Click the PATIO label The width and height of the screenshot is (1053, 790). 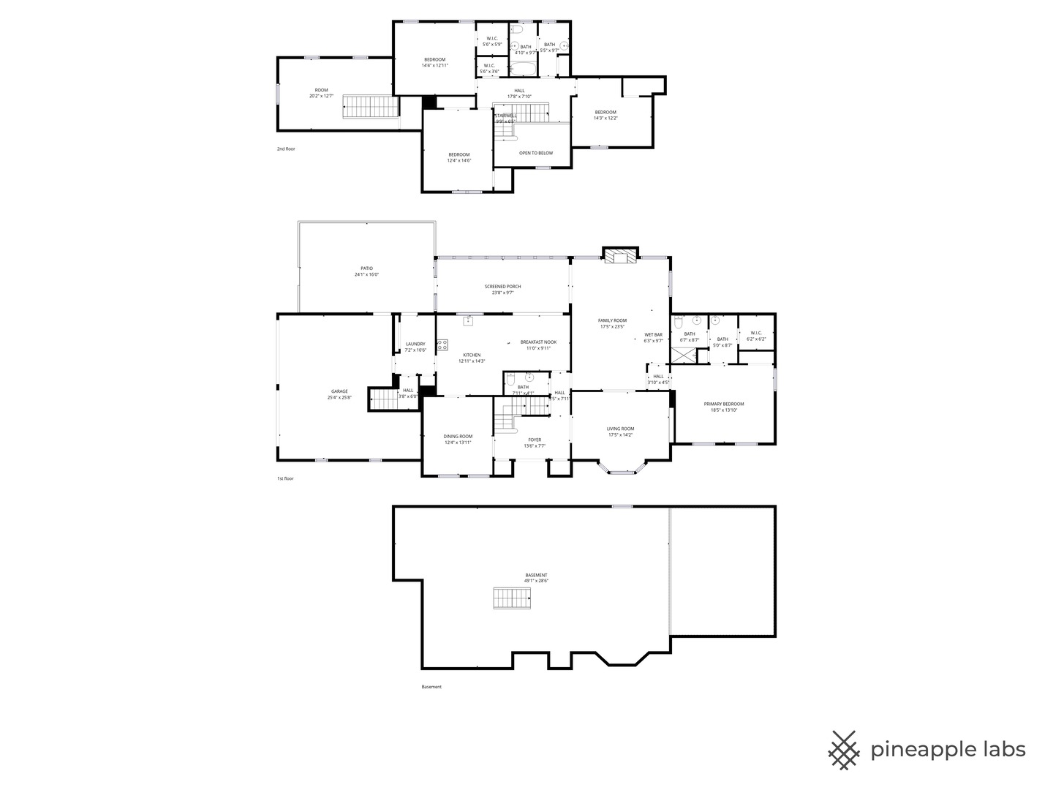click(x=366, y=268)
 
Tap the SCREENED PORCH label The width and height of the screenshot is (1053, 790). click(x=502, y=287)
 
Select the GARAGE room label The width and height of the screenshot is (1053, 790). click(x=339, y=391)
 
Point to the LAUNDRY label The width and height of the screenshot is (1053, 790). click(x=415, y=344)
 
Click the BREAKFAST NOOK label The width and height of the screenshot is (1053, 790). click(x=538, y=342)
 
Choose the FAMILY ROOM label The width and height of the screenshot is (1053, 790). click(x=612, y=320)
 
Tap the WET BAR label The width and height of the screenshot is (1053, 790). click(x=653, y=335)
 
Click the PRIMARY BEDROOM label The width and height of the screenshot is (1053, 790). click(x=723, y=404)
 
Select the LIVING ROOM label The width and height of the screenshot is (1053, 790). click(x=620, y=429)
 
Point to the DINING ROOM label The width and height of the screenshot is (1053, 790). click(x=458, y=437)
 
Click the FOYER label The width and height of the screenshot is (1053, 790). click(x=535, y=440)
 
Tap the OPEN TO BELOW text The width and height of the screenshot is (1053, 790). click(x=535, y=153)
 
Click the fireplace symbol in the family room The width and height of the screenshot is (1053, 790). click(x=621, y=256)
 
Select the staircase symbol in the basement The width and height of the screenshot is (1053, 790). click(x=514, y=598)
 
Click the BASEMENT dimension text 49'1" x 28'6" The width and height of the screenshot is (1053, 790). click(x=536, y=581)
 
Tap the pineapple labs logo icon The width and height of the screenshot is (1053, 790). click(x=843, y=750)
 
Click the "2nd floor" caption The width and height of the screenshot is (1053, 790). click(x=286, y=149)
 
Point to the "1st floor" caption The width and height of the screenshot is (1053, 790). click(x=284, y=478)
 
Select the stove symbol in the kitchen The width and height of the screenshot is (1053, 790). click(x=442, y=346)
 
